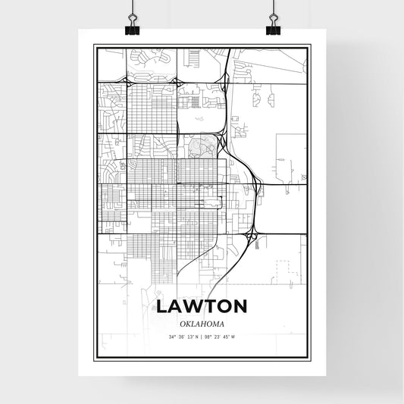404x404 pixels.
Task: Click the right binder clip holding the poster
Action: coord(274,27)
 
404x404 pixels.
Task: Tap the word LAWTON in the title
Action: coord(202,306)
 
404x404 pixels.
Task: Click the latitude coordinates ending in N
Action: coord(185,337)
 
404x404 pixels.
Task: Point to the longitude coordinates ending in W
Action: coord(220,337)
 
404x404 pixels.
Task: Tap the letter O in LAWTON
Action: coord(224,306)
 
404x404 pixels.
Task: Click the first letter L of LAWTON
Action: coord(163,306)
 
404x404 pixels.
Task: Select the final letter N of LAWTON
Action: coord(240,306)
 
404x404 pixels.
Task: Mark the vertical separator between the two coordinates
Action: coord(202,337)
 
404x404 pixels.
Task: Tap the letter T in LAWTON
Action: coord(208,306)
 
